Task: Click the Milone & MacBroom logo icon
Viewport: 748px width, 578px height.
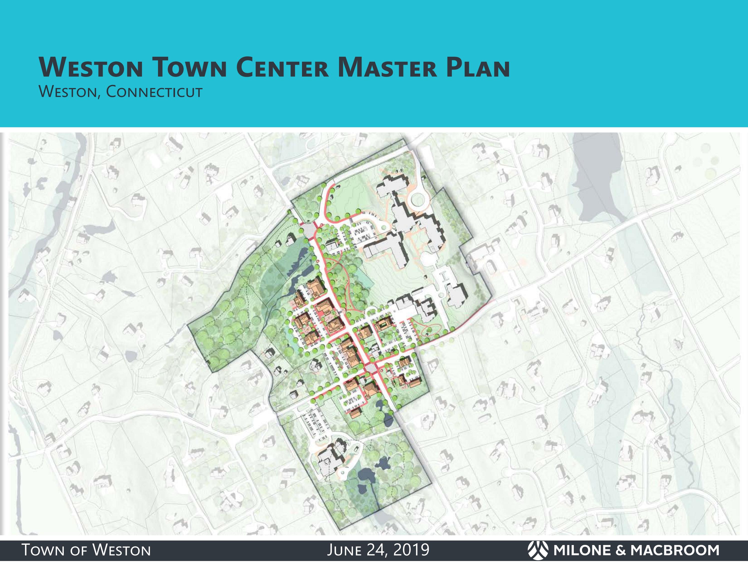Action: (x=538, y=550)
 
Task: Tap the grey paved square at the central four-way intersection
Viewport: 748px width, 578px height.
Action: (x=370, y=368)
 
